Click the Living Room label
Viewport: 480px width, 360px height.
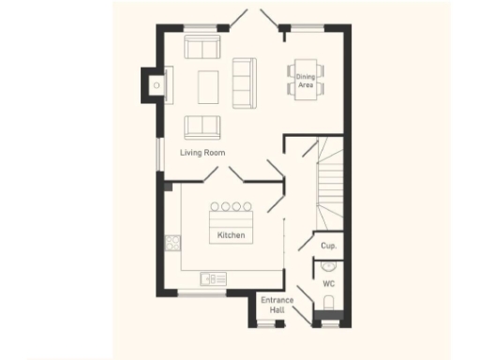pos(202,152)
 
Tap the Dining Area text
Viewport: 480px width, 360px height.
pos(306,81)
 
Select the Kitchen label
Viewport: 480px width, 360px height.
pos(232,234)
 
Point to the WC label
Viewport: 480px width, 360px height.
pos(328,282)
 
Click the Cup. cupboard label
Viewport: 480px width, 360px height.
pos(328,246)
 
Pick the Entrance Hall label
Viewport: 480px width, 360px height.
pos(277,305)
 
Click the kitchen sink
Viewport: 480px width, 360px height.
pos(213,277)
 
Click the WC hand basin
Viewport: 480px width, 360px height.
pos(328,265)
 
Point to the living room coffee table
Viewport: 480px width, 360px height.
pos(208,86)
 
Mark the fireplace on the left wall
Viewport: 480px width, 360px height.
pos(153,85)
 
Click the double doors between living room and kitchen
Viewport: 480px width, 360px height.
pos(225,175)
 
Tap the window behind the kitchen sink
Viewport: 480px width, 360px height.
pos(202,293)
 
